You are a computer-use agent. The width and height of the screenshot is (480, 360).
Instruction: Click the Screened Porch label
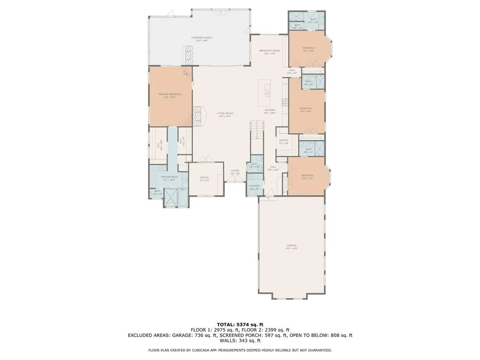199,37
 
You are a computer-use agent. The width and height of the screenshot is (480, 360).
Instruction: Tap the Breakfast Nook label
270,51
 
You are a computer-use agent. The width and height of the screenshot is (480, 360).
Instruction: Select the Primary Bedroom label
170,95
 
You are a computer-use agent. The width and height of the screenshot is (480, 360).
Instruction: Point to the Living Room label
225,113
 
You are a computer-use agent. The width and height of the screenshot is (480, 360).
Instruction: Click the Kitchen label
270,111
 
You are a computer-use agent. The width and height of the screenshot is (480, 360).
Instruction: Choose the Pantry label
283,141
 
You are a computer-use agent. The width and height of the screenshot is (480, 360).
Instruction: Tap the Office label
204,178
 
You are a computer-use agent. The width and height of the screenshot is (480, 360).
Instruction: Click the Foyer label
235,172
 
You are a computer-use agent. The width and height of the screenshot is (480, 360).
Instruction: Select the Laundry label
255,186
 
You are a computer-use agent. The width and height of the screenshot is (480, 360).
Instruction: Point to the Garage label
292,246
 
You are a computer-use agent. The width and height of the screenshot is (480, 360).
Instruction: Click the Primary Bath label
169,178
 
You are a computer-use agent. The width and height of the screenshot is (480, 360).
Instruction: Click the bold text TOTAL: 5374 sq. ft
240,324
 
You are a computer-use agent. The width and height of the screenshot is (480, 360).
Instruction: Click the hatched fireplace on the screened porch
188,56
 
